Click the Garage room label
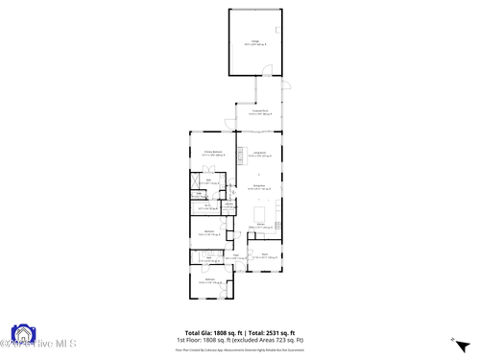pyautogui.click(x=255, y=42)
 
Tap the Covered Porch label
pyautogui.click(x=259, y=113)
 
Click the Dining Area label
pyautogui.click(x=259, y=187)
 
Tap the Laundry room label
pyautogui.click(x=229, y=205)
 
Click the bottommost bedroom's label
pyautogui.click(x=209, y=281)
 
